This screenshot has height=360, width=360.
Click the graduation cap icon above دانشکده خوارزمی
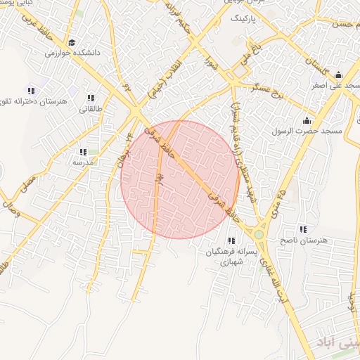74,41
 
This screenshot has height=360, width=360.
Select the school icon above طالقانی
91,98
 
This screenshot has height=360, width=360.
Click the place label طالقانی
91,109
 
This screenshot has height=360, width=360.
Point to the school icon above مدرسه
83,151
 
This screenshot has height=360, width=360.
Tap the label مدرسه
83,162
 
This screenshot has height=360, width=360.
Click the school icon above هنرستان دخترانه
30,91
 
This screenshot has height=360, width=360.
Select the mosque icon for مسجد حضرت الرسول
307,120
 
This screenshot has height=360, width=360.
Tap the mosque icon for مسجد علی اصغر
338,75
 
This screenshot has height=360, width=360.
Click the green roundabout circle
259,234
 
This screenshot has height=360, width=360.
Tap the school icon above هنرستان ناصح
303,229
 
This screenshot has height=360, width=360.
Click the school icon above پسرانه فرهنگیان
232,240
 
